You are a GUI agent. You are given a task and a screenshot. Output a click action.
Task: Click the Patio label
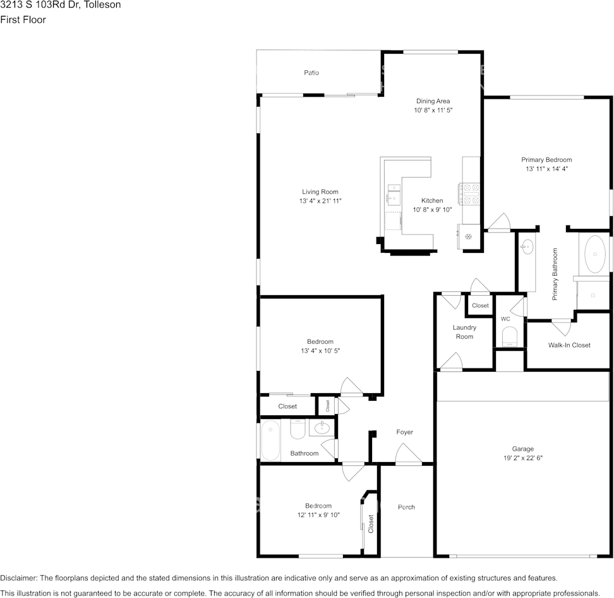(311, 73)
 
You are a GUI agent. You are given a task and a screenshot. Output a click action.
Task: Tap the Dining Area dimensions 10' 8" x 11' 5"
(433, 110)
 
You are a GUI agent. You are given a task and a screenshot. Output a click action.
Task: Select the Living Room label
(320, 192)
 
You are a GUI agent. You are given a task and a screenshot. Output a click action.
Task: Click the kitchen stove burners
(469, 194)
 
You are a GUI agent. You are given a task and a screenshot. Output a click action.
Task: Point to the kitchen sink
(394, 194)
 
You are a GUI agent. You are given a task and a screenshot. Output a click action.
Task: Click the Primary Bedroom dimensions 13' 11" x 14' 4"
(546, 169)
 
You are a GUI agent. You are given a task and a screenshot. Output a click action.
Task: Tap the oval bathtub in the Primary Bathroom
(595, 254)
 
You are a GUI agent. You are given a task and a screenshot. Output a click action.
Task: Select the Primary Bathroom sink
(527, 247)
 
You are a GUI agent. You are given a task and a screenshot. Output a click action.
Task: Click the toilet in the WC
(509, 338)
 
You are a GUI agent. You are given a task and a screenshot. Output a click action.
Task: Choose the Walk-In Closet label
(569, 345)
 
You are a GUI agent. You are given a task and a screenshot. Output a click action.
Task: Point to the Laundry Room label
(464, 332)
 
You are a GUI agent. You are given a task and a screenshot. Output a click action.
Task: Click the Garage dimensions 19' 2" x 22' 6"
(523, 458)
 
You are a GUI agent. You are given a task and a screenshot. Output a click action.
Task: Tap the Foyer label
(404, 432)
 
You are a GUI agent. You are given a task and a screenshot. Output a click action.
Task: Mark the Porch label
(406, 507)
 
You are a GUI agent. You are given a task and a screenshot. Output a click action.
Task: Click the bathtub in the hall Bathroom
(270, 440)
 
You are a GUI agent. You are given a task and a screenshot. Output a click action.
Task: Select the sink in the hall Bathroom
(322, 427)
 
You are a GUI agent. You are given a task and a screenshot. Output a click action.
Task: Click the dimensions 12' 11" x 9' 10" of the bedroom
(318, 515)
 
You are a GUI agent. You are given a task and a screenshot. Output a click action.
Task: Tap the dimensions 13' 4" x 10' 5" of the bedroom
(320, 351)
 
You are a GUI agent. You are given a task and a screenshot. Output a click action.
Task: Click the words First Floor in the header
(23, 20)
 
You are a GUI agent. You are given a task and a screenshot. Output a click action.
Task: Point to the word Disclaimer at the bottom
(18, 578)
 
